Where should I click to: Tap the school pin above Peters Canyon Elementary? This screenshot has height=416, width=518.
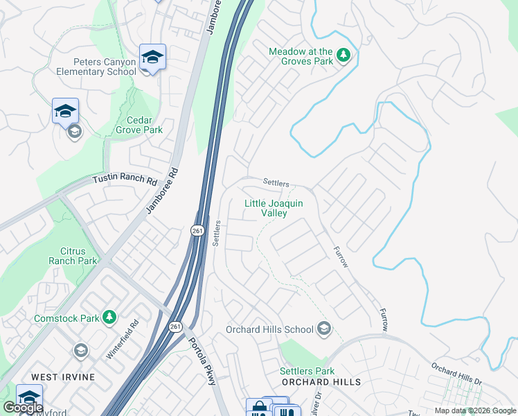152,57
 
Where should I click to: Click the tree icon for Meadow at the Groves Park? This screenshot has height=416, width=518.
343,55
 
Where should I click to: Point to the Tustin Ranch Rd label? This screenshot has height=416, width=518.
125,180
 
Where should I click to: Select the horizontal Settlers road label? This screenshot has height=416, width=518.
276,182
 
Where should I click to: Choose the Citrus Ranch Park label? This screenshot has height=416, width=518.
73,256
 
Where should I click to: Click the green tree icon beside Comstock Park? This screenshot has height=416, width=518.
109,318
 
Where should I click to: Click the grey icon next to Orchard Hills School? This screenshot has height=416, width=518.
323,329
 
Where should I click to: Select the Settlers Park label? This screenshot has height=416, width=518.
307,371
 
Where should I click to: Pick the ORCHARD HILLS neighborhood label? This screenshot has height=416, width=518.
320,382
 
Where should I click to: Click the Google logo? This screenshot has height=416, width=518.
22,408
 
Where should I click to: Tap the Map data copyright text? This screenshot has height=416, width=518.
474,410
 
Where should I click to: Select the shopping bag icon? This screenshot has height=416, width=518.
257,408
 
